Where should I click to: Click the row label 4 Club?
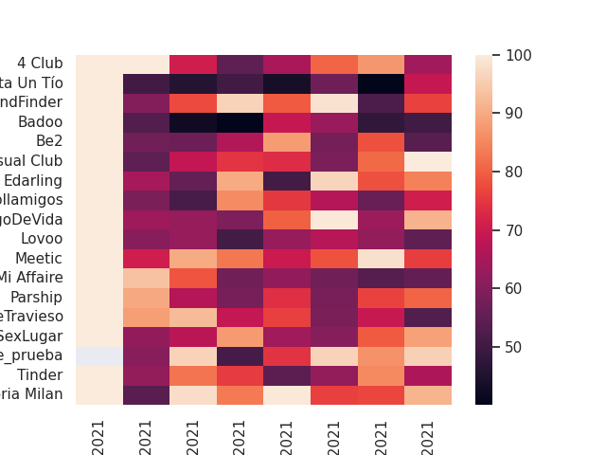click(x=40, y=64)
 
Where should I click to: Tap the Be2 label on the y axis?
click(x=49, y=141)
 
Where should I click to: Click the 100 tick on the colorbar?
click(x=518, y=55)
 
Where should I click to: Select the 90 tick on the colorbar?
click(x=515, y=114)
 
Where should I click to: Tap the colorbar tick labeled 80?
click(x=515, y=172)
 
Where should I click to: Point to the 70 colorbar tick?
click(x=515, y=230)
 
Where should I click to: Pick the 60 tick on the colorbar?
click(x=515, y=288)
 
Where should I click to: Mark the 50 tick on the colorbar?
click(x=515, y=347)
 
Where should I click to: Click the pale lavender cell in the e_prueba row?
click(x=99, y=355)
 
